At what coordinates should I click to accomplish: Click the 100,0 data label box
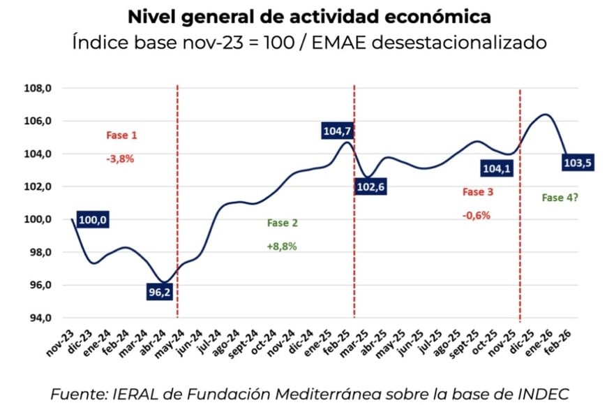93,220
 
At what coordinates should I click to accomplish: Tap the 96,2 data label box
159,292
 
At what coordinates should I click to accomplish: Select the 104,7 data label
338,130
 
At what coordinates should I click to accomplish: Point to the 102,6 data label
373,187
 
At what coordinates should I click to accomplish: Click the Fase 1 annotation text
121,135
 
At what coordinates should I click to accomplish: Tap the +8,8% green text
282,246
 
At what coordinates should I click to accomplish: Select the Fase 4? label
560,198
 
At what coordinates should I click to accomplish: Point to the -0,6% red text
477,215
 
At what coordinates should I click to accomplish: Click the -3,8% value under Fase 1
120,159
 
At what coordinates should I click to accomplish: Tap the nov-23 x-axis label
65,338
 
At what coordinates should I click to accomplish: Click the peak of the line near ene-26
546,115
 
